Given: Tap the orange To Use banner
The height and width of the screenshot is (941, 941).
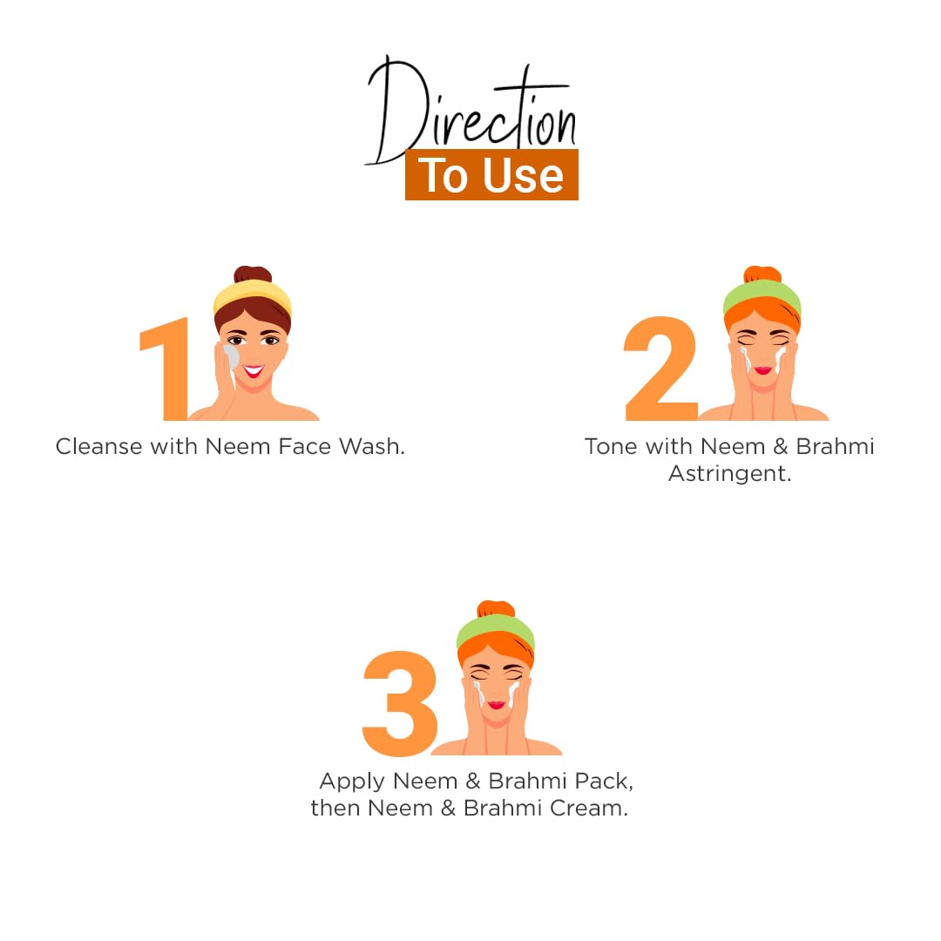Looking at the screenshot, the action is pos(491,174).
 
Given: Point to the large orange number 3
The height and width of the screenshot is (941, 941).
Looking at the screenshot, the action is pos(400,703).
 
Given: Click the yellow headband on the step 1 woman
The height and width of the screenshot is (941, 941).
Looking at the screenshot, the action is pos(252,296).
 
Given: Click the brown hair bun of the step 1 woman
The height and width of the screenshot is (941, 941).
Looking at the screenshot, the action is pos(253,274).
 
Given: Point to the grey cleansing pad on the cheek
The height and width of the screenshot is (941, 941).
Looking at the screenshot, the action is pos(231,358).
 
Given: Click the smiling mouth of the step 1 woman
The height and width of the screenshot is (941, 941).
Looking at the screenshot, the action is pos(254,371).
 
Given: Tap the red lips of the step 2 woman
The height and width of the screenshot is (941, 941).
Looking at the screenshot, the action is pos(762,370).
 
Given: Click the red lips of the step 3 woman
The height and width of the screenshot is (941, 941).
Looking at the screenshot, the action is pos(497,705).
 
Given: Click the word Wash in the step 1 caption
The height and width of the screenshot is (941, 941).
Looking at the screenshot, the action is pos(371,446).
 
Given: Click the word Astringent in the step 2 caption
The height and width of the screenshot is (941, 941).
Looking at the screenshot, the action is pos(730,474).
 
